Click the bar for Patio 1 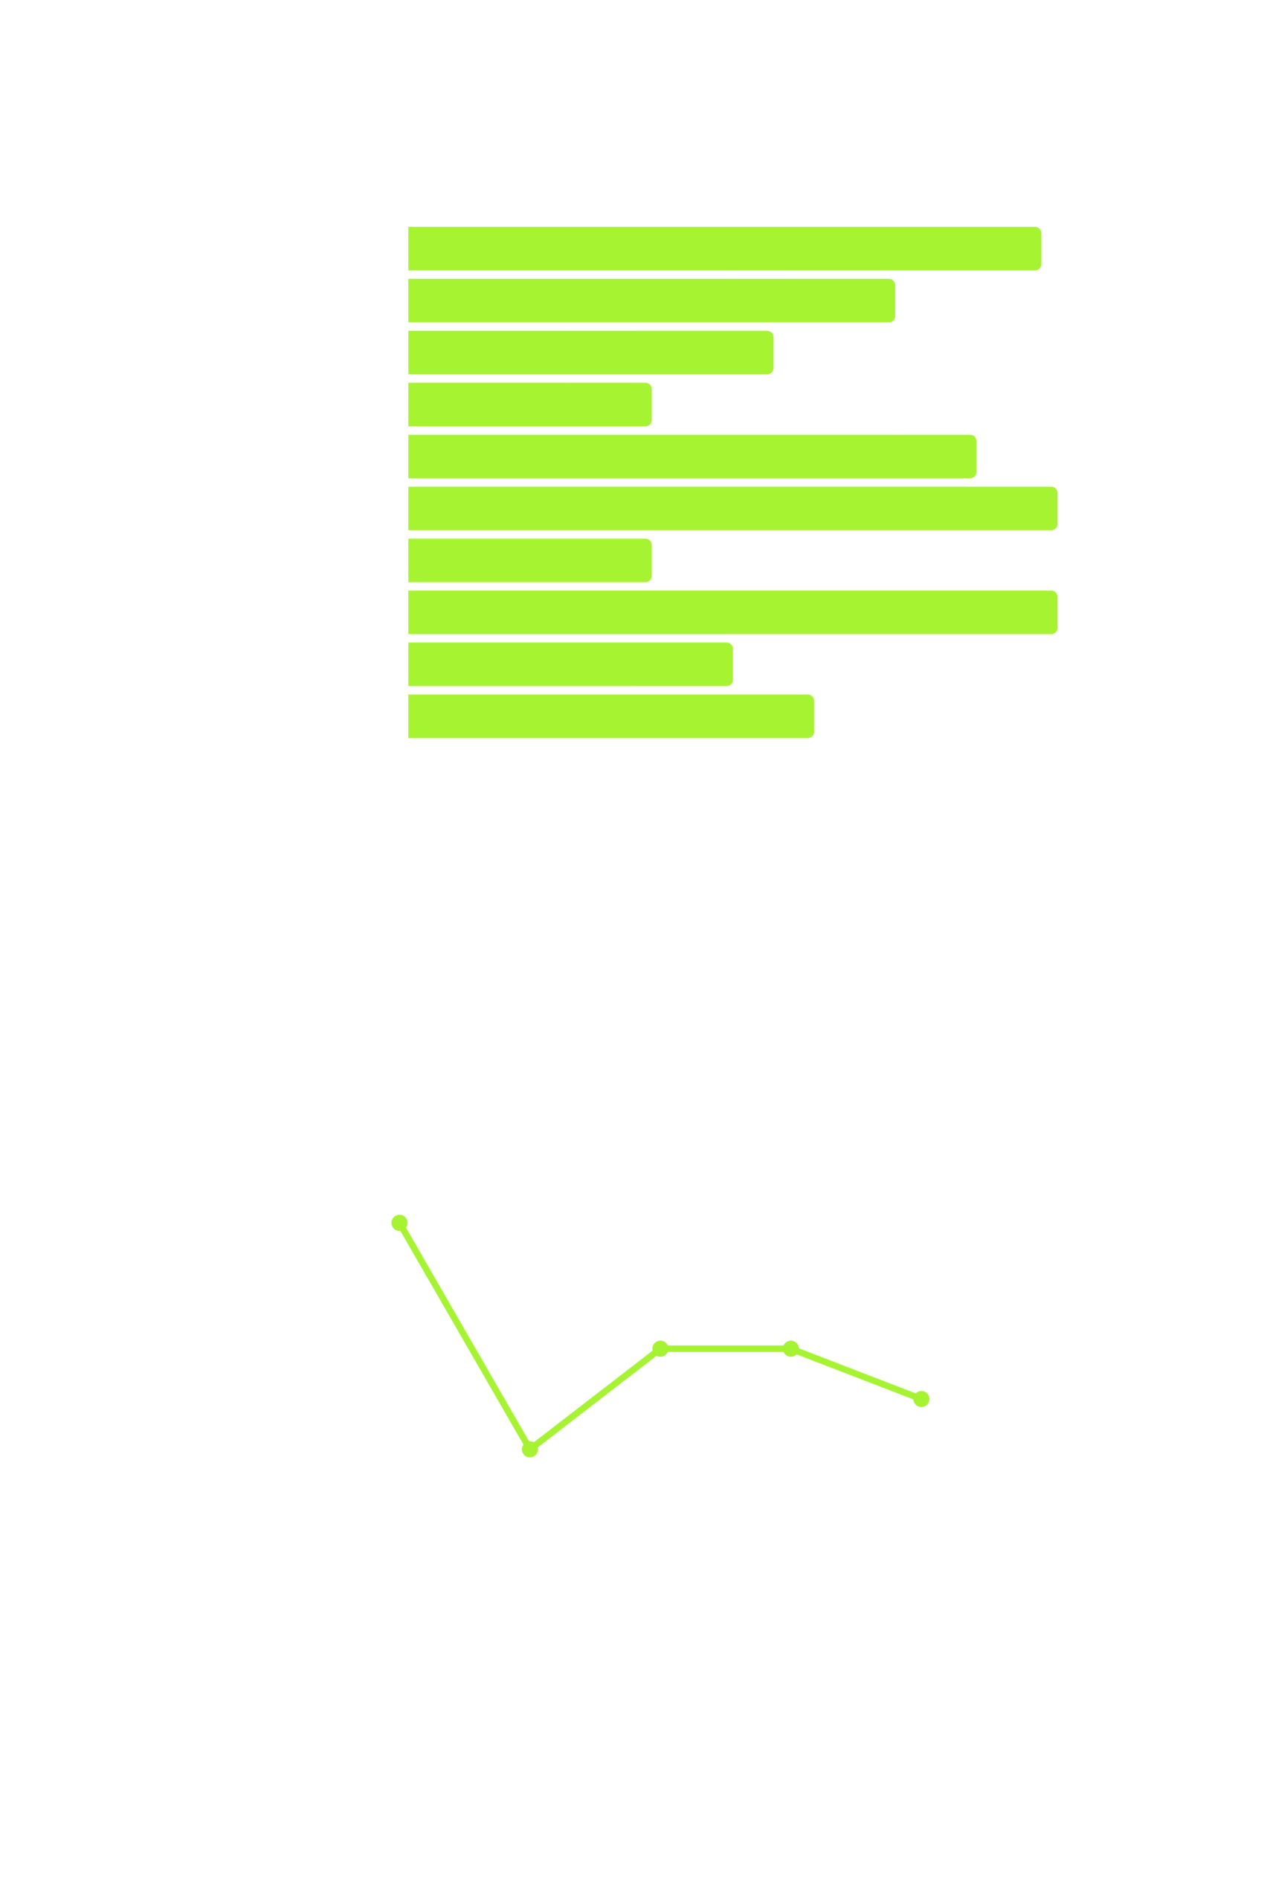click(724, 248)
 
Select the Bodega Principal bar click(529, 405)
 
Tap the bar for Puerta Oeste click(610, 716)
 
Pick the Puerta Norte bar click(529, 560)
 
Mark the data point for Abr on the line click(399, 1223)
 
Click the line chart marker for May click(529, 1450)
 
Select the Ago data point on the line click(921, 1399)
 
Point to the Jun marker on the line click(660, 1348)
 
